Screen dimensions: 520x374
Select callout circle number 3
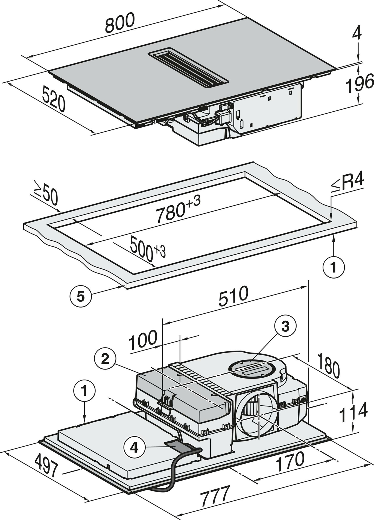(x=285, y=327)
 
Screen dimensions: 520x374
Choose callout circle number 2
(x=105, y=359)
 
